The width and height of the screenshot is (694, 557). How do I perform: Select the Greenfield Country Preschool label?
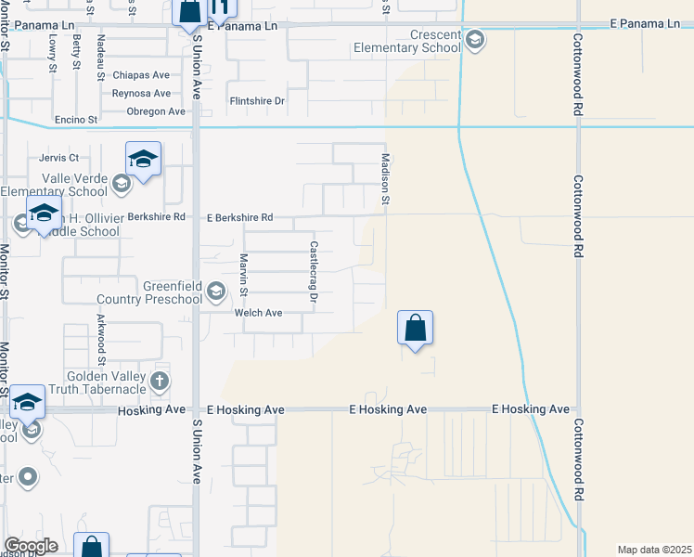coord(149,292)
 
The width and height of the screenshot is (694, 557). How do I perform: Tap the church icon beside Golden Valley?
coord(160,380)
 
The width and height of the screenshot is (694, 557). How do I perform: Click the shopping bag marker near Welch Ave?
coord(415,329)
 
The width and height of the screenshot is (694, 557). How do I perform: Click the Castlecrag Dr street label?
coord(314,272)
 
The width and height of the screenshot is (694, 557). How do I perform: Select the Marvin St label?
coord(244,275)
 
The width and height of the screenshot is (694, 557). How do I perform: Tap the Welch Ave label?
coord(259,313)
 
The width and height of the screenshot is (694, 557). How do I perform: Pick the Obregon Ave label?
coord(156,111)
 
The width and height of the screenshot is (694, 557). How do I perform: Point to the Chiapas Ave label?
coord(141,75)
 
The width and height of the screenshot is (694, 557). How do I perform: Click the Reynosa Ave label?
coord(141,93)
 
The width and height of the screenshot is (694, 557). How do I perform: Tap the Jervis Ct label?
coord(59,158)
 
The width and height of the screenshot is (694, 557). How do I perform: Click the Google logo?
coord(31,546)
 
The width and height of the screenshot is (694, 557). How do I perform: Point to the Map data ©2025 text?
coord(655,550)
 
